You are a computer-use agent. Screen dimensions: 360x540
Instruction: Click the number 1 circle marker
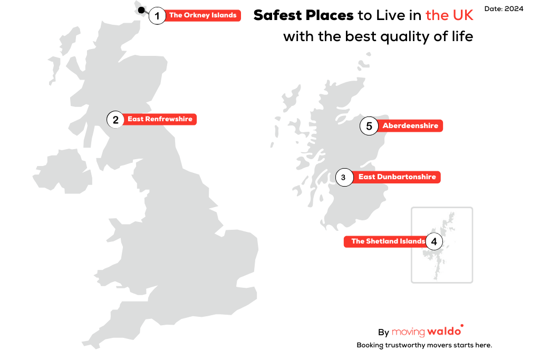(157, 16)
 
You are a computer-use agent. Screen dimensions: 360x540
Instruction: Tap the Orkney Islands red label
(202, 16)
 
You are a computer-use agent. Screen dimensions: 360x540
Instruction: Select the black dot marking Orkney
(141, 10)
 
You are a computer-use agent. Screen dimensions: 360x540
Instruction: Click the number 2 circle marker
(115, 120)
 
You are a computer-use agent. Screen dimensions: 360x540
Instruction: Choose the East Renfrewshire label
(160, 119)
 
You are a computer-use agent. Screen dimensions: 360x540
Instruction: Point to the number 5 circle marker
(369, 127)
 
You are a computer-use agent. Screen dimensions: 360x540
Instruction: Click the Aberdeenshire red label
(410, 126)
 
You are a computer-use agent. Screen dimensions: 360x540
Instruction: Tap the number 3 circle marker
(343, 178)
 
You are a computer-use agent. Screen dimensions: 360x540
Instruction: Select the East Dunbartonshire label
(397, 177)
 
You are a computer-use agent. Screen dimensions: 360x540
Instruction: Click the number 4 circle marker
(433, 241)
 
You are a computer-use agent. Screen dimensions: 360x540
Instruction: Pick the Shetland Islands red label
(387, 241)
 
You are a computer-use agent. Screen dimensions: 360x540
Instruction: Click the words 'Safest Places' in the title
(303, 15)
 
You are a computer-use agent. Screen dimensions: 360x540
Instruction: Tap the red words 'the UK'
(449, 15)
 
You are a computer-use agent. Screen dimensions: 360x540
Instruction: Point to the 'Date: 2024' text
(504, 9)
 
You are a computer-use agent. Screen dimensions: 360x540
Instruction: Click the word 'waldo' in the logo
(445, 332)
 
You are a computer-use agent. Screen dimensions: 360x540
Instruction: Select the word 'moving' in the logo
(408, 332)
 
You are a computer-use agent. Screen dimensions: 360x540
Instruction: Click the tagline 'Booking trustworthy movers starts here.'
(424, 345)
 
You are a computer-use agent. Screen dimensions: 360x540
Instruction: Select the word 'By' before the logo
(383, 333)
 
